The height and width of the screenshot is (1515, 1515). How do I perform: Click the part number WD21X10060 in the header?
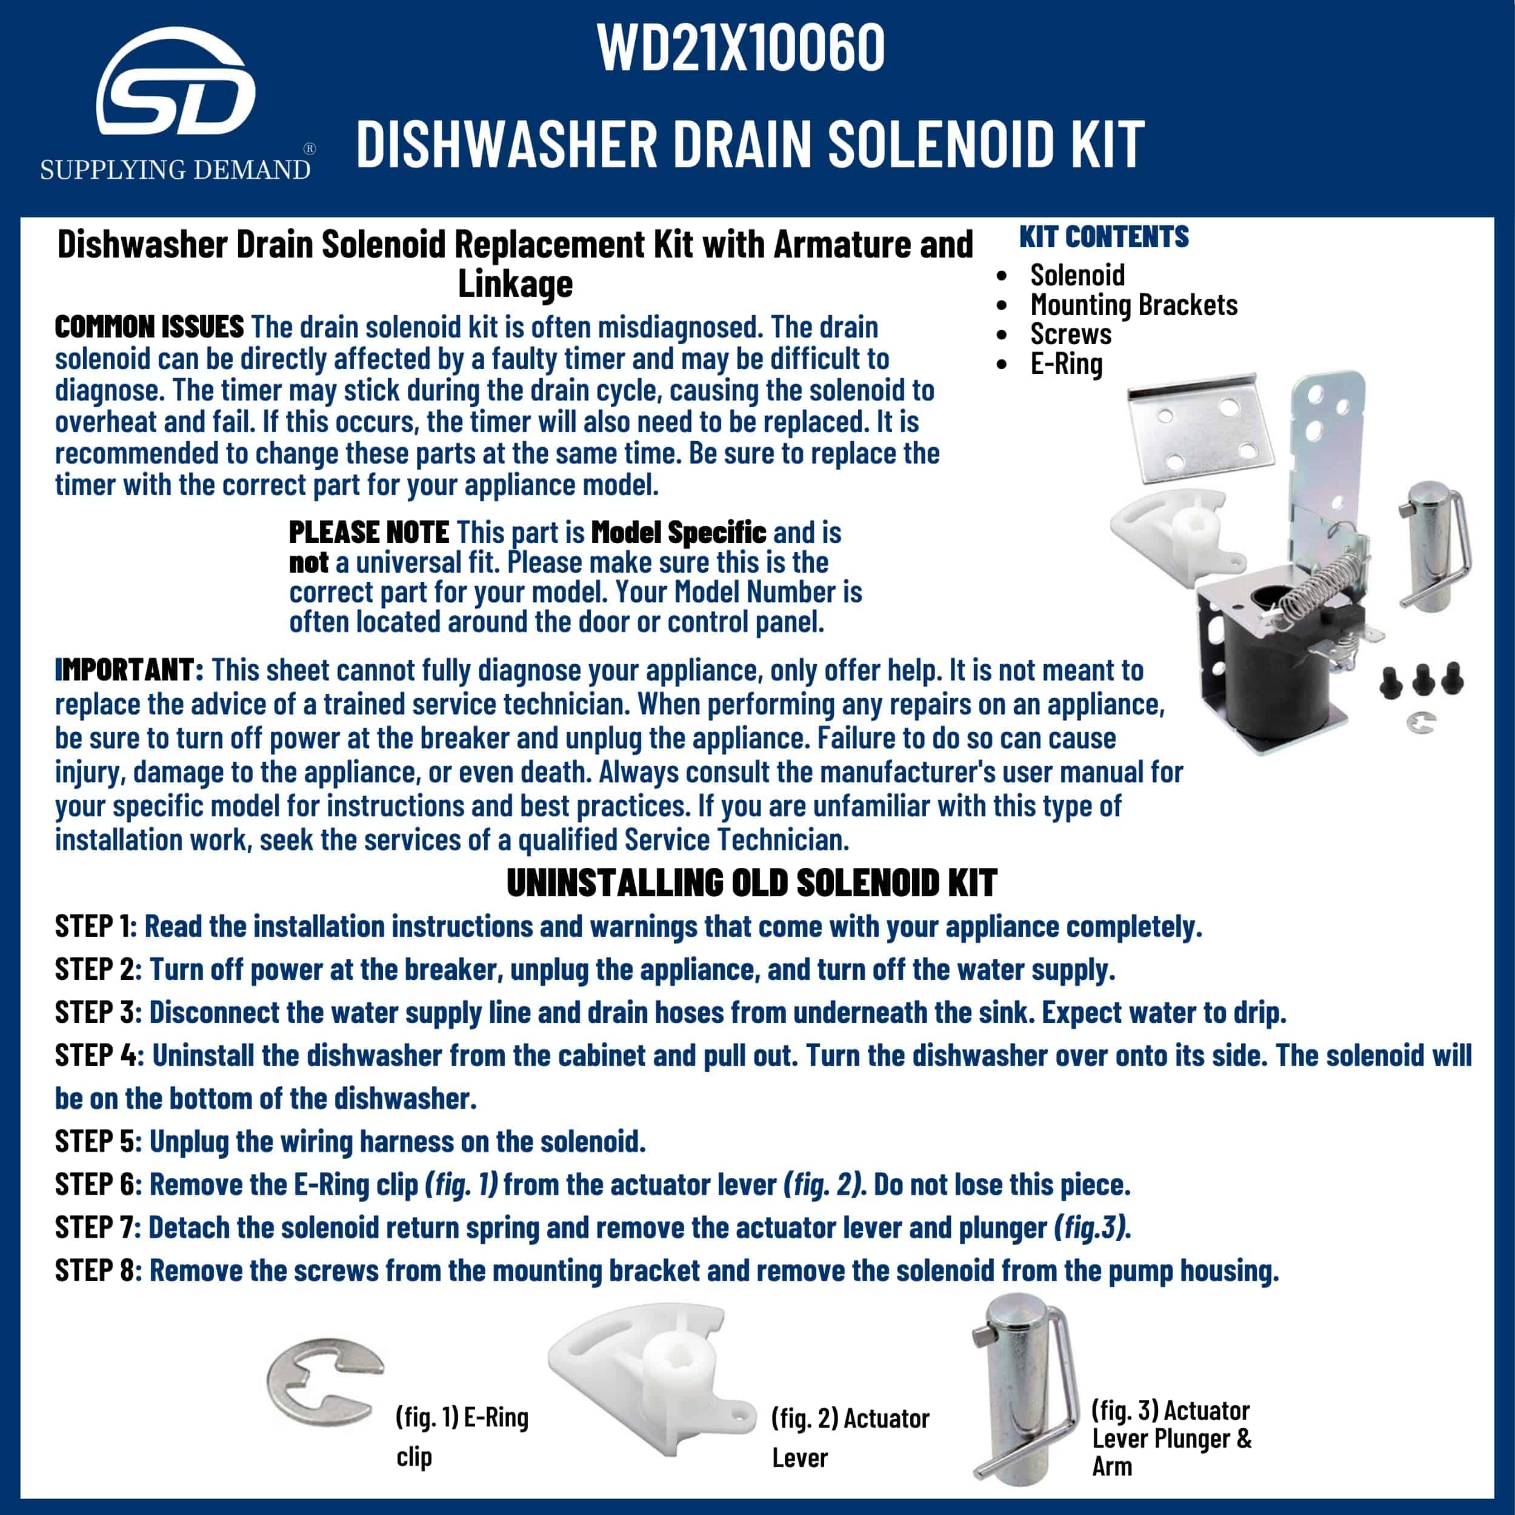741,48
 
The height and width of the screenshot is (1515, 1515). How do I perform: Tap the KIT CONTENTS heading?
1104,237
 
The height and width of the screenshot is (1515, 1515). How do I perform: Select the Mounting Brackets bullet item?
1133,304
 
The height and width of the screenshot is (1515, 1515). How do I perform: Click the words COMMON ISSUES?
149,327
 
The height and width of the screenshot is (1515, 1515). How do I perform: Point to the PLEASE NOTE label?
368,533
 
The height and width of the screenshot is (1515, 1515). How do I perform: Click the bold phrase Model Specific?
678,533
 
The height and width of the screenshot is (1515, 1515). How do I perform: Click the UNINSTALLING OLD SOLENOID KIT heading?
751,884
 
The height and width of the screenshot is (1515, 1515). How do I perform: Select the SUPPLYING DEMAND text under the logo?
175,170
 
